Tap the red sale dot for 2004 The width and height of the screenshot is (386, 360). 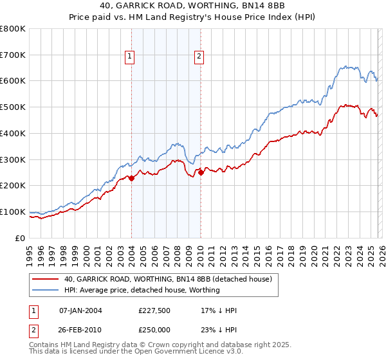click(131, 178)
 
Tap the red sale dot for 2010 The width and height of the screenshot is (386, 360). click(201, 172)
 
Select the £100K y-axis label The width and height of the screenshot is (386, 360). click(13, 212)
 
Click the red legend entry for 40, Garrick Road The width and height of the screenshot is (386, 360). click(169, 280)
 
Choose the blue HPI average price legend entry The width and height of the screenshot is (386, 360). click(142, 290)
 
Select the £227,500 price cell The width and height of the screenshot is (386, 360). click(154, 310)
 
